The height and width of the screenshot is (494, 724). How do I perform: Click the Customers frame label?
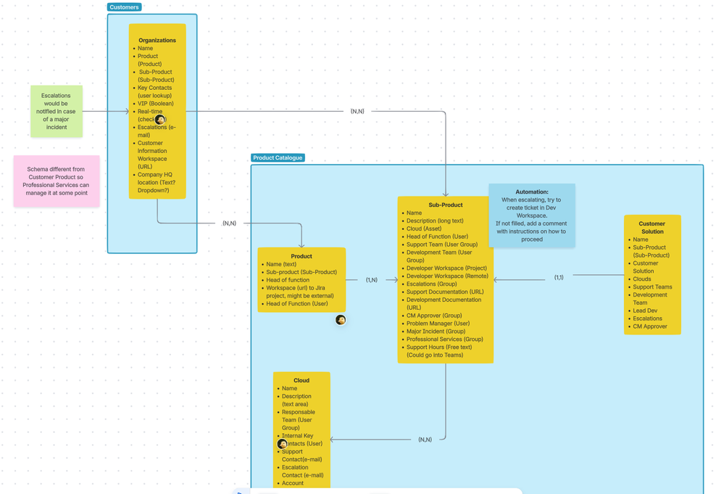pyautogui.click(x=124, y=7)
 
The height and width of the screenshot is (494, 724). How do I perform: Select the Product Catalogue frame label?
pyautogui.click(x=278, y=157)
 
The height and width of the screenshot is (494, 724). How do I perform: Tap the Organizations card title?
pyautogui.click(x=157, y=41)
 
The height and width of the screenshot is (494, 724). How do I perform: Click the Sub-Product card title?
pyautogui.click(x=445, y=205)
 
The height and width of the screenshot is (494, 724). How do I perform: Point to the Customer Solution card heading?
pyautogui.click(x=652, y=228)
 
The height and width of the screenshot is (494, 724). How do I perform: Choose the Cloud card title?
pyautogui.click(x=301, y=380)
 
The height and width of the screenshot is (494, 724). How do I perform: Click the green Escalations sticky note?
pyautogui.click(x=56, y=111)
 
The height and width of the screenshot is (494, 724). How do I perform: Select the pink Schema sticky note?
pyautogui.click(x=56, y=181)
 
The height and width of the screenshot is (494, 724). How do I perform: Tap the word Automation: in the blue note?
pyautogui.click(x=531, y=192)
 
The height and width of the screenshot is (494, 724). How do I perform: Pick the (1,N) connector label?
pyautogui.click(x=371, y=280)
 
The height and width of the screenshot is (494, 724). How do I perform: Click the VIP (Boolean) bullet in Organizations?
pyautogui.click(x=155, y=104)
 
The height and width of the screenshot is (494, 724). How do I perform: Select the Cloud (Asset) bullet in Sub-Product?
pyautogui.click(x=424, y=229)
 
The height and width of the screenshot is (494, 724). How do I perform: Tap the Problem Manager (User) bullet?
pyautogui.click(x=438, y=324)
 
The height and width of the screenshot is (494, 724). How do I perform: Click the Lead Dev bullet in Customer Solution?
pyautogui.click(x=645, y=310)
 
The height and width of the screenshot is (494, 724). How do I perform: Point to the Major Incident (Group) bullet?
pyautogui.click(x=436, y=332)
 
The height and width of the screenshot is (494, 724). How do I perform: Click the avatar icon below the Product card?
pyautogui.click(x=341, y=320)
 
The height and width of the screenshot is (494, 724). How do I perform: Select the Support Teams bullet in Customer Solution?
pyautogui.click(x=652, y=287)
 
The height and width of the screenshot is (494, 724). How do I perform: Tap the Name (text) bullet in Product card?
pyautogui.click(x=281, y=264)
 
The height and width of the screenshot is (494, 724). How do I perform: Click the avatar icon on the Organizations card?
pyautogui.click(x=160, y=119)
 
